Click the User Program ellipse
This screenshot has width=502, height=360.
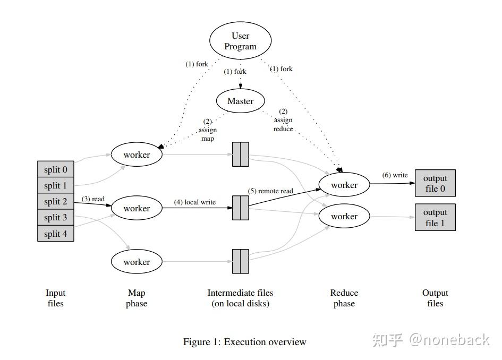point(241,41)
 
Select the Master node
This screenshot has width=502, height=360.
point(241,101)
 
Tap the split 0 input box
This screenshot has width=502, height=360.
point(56,169)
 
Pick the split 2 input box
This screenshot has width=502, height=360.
point(56,201)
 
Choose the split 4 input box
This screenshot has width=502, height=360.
point(56,234)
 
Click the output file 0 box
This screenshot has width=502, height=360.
point(435,183)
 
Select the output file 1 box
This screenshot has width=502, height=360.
point(435,217)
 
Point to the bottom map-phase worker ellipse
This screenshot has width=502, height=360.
point(137,261)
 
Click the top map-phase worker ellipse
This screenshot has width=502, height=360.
point(137,154)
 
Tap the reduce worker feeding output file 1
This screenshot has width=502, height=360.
point(344,216)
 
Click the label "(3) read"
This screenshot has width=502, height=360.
point(93,199)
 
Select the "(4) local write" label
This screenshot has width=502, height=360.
point(195,202)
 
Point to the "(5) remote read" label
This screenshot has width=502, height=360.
point(270,191)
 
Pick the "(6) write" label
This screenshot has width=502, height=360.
point(395,175)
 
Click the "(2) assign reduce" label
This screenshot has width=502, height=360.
point(283,120)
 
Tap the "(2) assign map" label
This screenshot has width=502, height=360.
point(208,130)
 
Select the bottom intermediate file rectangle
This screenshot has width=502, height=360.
point(241,261)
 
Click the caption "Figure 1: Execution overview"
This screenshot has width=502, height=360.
point(244,342)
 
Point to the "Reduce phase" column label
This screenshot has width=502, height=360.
point(344,298)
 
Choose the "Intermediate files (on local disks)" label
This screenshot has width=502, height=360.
point(241,298)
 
